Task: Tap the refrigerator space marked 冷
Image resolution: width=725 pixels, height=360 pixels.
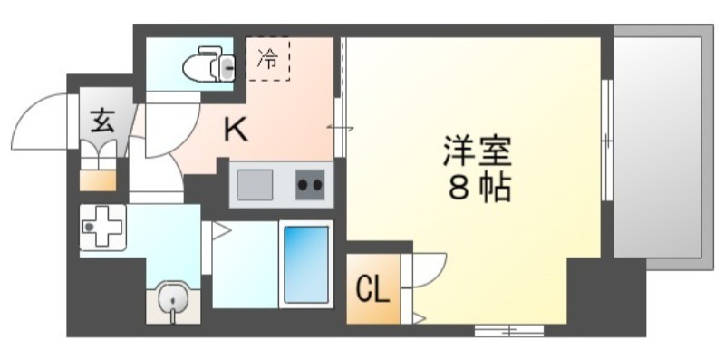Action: click(x=268, y=60)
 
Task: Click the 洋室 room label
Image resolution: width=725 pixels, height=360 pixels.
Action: click(x=478, y=151)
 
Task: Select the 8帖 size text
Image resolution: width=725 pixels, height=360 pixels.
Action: click(x=478, y=189)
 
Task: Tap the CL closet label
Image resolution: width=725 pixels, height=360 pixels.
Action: click(x=372, y=291)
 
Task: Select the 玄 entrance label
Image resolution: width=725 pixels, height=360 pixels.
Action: click(x=101, y=119)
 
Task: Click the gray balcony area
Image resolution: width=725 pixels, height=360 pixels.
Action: click(x=659, y=145)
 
